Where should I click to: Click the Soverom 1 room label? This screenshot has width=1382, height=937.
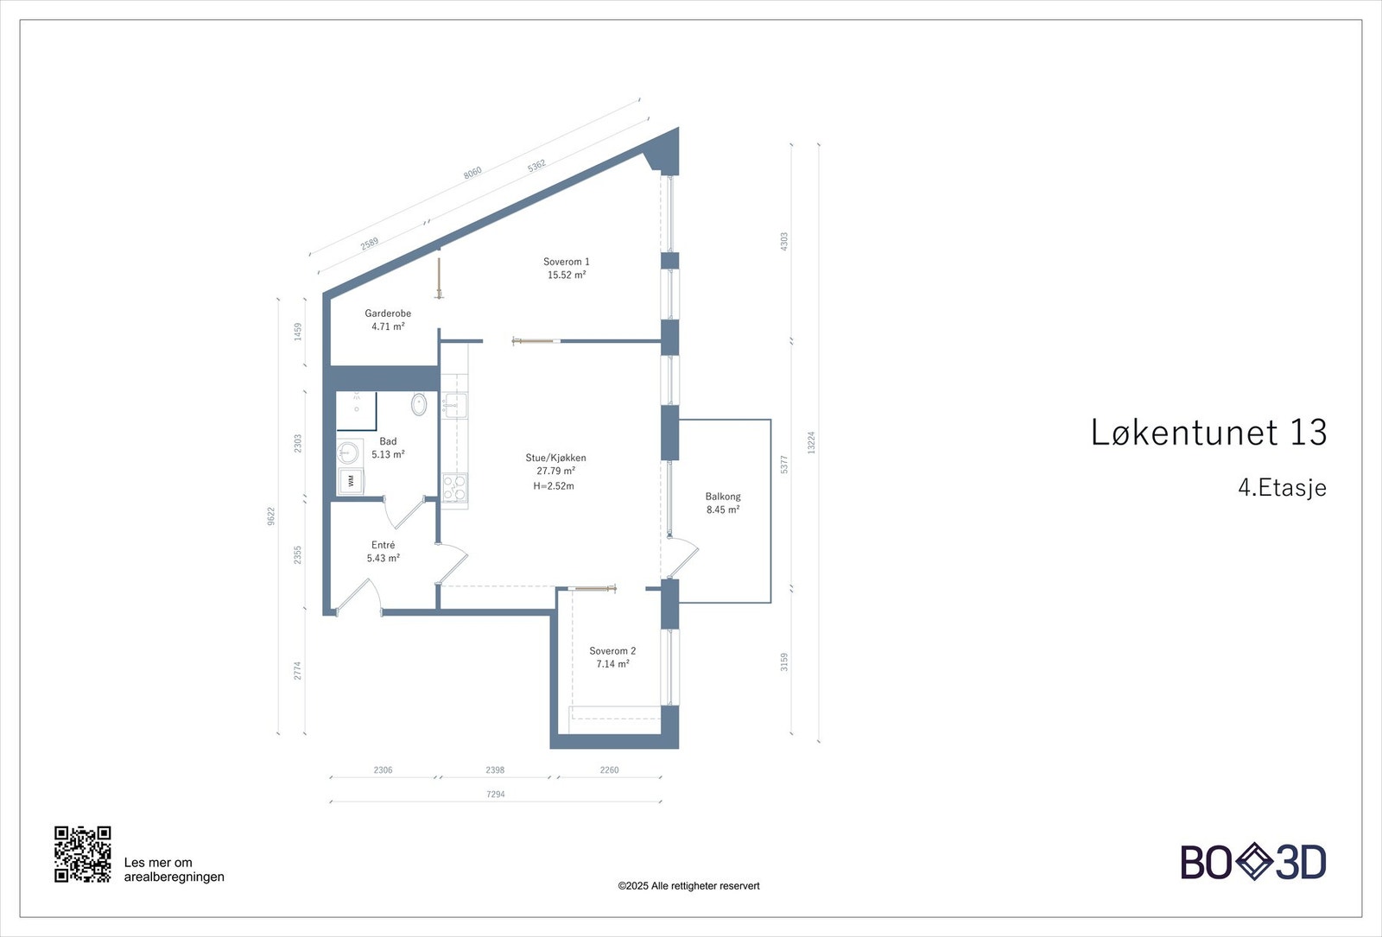567,262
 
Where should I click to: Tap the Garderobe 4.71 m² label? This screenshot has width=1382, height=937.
388,320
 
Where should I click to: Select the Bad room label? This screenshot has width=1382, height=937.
388,441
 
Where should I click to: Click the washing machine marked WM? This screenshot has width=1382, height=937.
350,479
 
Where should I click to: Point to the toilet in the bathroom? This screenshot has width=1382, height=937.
420,403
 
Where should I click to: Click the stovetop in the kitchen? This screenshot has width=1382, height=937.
454,488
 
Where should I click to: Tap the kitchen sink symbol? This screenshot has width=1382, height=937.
454,404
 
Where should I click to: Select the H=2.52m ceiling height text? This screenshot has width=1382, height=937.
554,486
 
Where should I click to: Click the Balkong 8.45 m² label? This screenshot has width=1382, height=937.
723,503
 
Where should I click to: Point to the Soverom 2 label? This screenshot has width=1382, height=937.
612,651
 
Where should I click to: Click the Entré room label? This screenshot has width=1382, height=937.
383,545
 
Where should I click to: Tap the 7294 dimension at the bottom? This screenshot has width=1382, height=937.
496,794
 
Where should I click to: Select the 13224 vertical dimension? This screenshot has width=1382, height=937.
811,442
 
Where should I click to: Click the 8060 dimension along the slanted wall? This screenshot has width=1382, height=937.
472,172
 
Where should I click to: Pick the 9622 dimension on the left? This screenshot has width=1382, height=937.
271,516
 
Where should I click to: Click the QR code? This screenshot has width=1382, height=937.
83,854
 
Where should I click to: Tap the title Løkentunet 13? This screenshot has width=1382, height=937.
1208,432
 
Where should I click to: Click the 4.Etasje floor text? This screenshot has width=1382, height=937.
1282,487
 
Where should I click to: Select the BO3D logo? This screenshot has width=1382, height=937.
1252,862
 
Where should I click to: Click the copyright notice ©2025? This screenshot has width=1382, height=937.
688,885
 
